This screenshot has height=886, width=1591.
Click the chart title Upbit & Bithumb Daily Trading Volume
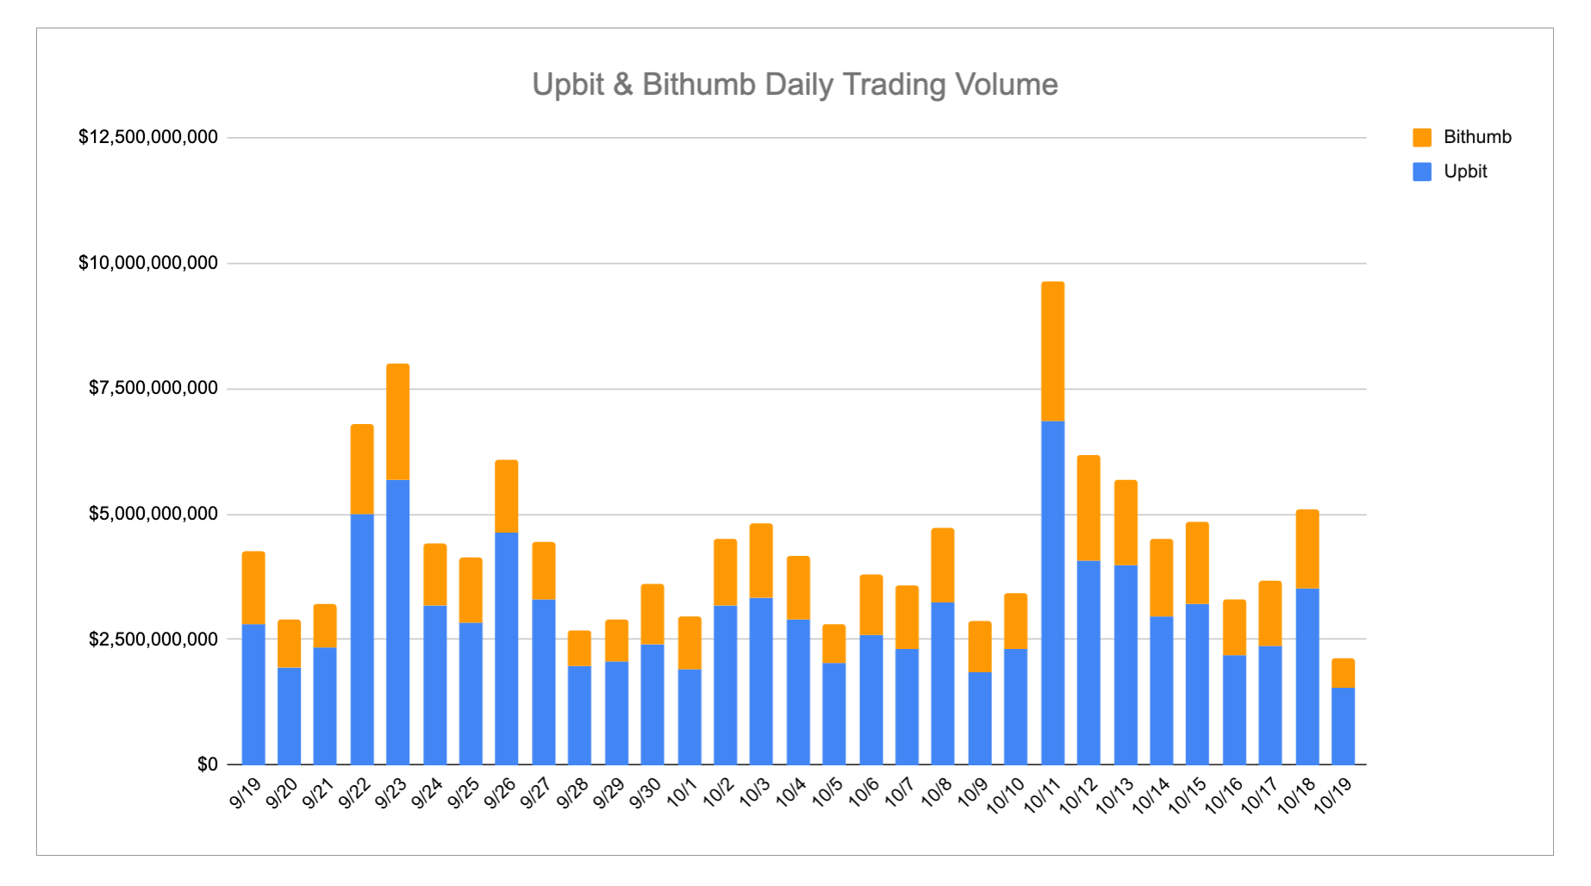click(795, 84)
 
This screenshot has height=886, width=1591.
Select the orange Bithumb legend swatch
click(1422, 137)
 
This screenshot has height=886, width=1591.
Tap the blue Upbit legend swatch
click(1422, 172)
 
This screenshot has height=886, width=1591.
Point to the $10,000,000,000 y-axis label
click(148, 263)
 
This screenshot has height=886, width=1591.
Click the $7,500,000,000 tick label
click(153, 389)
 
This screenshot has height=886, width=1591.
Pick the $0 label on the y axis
click(208, 764)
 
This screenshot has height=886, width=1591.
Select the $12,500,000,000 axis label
click(148, 137)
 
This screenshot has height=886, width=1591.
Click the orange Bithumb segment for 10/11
click(1052, 352)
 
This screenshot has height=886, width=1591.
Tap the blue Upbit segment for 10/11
click(1052, 593)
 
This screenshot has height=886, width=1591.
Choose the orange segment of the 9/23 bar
click(398, 422)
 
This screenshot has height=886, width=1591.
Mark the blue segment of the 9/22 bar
click(362, 640)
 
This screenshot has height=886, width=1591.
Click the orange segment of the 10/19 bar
click(1343, 673)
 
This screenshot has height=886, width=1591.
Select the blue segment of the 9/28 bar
click(579, 715)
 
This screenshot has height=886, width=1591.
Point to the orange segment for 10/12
click(1089, 509)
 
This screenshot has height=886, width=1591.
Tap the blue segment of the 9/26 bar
click(507, 648)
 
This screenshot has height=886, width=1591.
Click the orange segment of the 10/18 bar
click(1307, 549)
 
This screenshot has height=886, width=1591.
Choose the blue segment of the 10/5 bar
click(833, 714)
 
